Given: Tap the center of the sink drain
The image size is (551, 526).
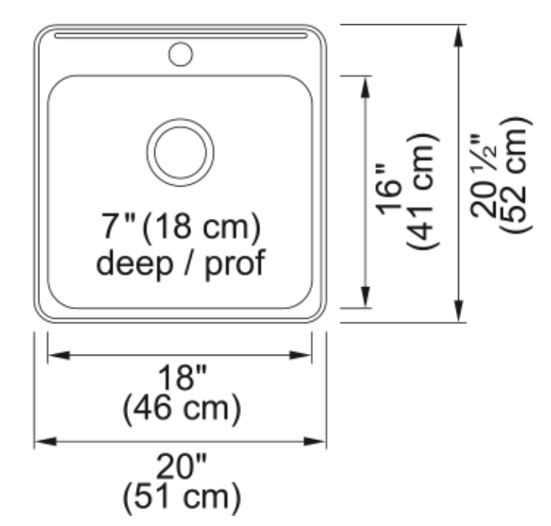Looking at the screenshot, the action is (180, 152).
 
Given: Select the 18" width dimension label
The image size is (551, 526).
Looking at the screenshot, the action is (182, 377).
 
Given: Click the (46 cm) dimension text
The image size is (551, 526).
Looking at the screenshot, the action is (182, 409).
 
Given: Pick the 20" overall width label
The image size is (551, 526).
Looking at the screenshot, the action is (181, 466).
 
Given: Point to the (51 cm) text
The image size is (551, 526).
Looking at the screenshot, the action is (182, 497).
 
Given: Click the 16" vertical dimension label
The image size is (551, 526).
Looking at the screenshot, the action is (388, 189).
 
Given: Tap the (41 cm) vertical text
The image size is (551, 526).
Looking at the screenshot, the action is (423, 192).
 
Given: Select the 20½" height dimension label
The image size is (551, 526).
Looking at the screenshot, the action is (483, 176).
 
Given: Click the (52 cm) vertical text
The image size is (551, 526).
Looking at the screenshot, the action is (516, 175).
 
